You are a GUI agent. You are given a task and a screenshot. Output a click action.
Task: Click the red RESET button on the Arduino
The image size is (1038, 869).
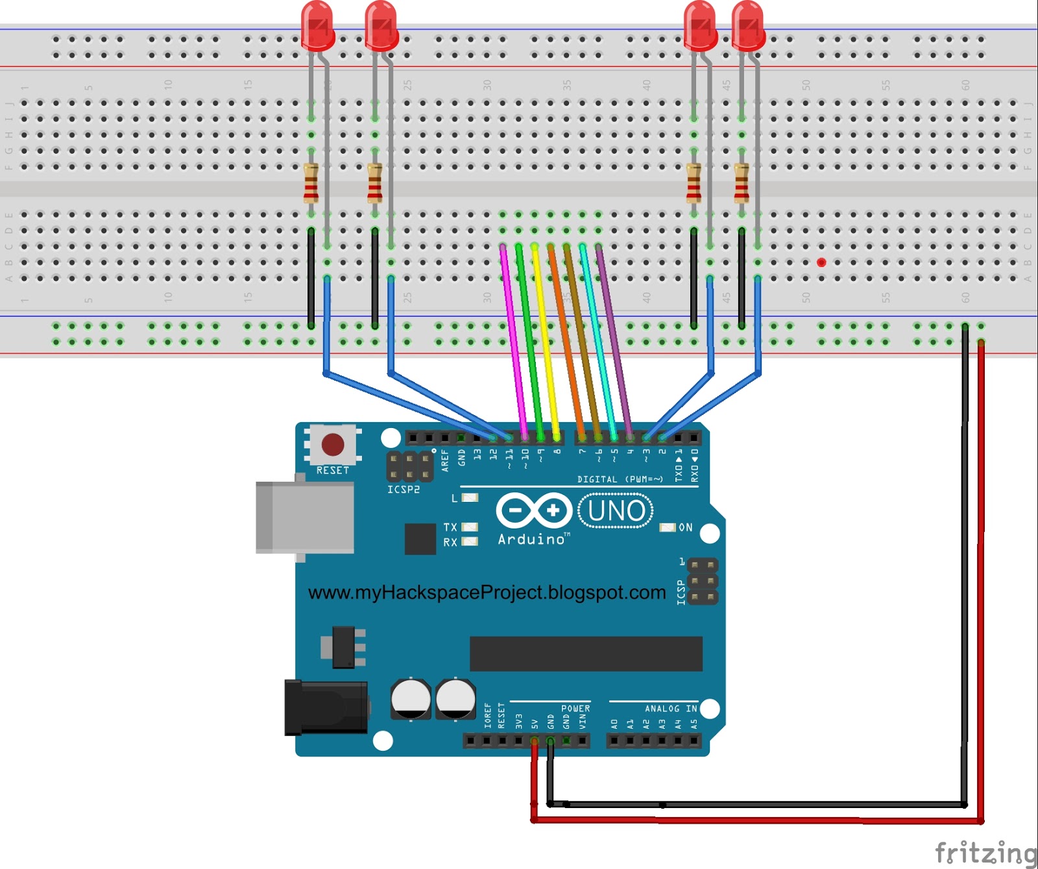pyautogui.click(x=333, y=445)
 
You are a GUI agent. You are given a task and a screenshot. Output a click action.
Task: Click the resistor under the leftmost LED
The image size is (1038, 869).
pyautogui.click(x=311, y=183)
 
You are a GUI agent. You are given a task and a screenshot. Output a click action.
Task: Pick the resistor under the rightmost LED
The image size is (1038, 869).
pyautogui.click(x=741, y=183)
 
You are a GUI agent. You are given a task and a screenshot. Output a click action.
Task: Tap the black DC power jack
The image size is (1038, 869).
pyautogui.click(x=326, y=708)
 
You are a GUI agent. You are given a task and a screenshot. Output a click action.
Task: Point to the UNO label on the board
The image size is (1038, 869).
pyautogui.click(x=616, y=511)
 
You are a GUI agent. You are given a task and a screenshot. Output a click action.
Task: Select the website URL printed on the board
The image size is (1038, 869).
pyautogui.click(x=487, y=592)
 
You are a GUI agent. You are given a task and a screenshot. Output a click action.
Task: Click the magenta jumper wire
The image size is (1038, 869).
pyautogui.click(x=513, y=337)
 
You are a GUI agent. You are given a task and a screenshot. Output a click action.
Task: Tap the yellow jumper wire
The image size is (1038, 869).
pyautogui.click(x=545, y=337)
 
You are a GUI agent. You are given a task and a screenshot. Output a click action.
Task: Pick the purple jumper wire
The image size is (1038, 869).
pyautogui.click(x=613, y=337)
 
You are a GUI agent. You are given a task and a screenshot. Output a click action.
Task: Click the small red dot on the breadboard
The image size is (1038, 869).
pyautogui.click(x=821, y=263)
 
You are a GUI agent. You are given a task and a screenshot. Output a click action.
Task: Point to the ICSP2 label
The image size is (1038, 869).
pyautogui.click(x=403, y=490)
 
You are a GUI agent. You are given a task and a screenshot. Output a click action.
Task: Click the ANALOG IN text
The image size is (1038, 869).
pyautogui.click(x=671, y=709)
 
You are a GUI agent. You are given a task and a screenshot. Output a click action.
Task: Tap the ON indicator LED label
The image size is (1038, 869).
pyautogui.click(x=685, y=528)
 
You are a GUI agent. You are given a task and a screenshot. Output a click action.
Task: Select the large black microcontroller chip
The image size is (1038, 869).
pyautogui.click(x=586, y=654)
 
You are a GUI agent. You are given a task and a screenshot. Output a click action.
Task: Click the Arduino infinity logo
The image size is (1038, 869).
pyautogui.click(x=533, y=510)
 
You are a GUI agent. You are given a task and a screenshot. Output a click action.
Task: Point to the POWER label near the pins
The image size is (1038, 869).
pyautogui.click(x=575, y=709)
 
